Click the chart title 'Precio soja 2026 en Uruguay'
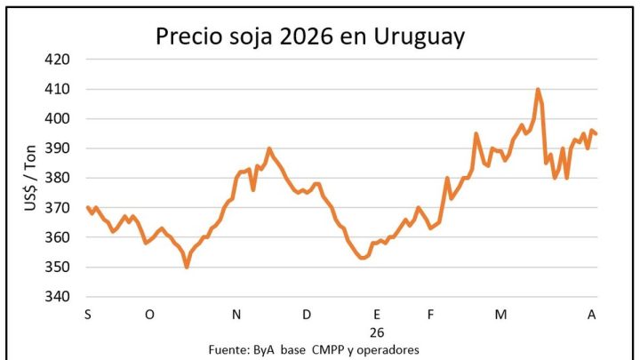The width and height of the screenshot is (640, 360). (x=309, y=36)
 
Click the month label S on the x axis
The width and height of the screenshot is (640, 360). (x=87, y=315)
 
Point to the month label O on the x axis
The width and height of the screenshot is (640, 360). (x=149, y=315)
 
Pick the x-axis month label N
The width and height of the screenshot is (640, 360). (x=236, y=315)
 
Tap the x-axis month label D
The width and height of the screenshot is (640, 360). (x=307, y=315)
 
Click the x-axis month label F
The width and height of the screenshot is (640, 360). (x=430, y=315)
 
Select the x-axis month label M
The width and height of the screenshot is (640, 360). (x=500, y=315)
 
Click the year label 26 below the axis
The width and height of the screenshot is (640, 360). (x=377, y=332)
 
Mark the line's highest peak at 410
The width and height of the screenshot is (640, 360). (x=538, y=90)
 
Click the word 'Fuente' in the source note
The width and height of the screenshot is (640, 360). (x=228, y=348)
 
